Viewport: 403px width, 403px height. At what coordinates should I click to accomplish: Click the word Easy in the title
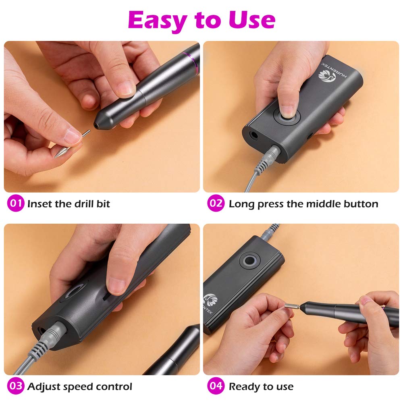tap(157, 21)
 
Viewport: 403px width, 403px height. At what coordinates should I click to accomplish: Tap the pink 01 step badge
tap(16, 203)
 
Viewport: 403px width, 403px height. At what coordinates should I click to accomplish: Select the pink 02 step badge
tap(216, 203)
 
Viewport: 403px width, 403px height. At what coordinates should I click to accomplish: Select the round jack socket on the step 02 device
tap(254, 135)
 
